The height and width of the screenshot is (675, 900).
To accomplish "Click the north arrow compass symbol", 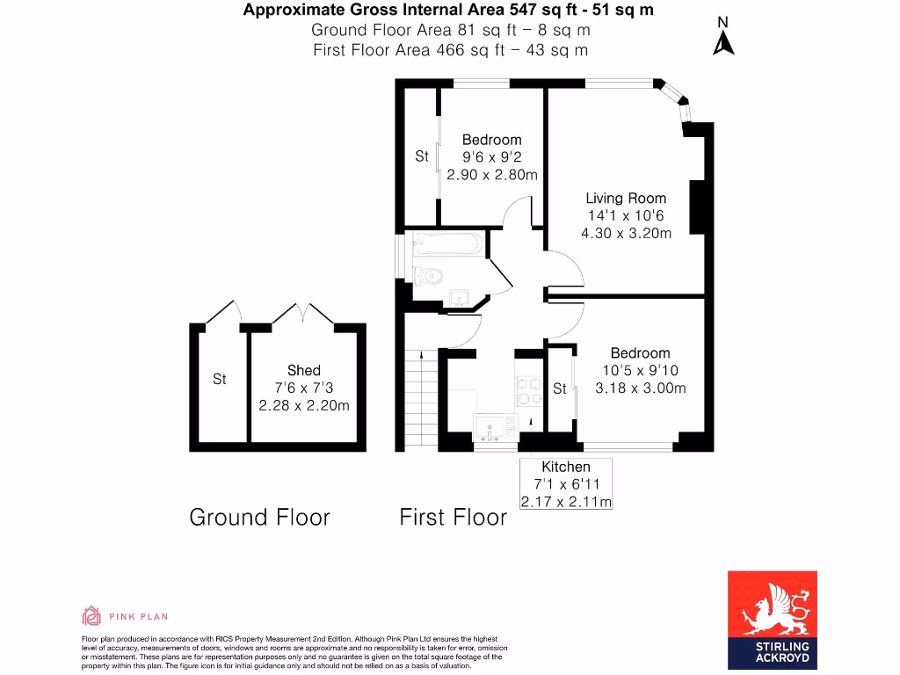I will tap(723, 37).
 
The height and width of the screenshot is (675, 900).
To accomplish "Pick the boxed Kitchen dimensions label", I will tap(565, 484).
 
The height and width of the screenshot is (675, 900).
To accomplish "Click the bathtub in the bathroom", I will tap(444, 244).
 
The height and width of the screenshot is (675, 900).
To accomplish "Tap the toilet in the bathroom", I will tap(427, 276).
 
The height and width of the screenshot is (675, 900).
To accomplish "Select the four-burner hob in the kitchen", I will tap(530, 389).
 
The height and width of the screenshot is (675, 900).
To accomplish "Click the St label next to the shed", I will tap(219, 380).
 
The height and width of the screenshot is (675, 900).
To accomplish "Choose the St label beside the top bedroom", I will tap(422, 156).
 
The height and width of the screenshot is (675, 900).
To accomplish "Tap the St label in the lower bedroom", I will tap(560, 388).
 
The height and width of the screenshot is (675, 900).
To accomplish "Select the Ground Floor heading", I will tap(259, 517).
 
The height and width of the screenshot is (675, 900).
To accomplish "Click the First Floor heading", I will tap(453, 517).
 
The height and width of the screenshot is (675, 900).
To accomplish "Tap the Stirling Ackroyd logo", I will tap(772, 618).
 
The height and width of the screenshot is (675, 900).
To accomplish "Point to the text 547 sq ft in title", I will tap(518, 11).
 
